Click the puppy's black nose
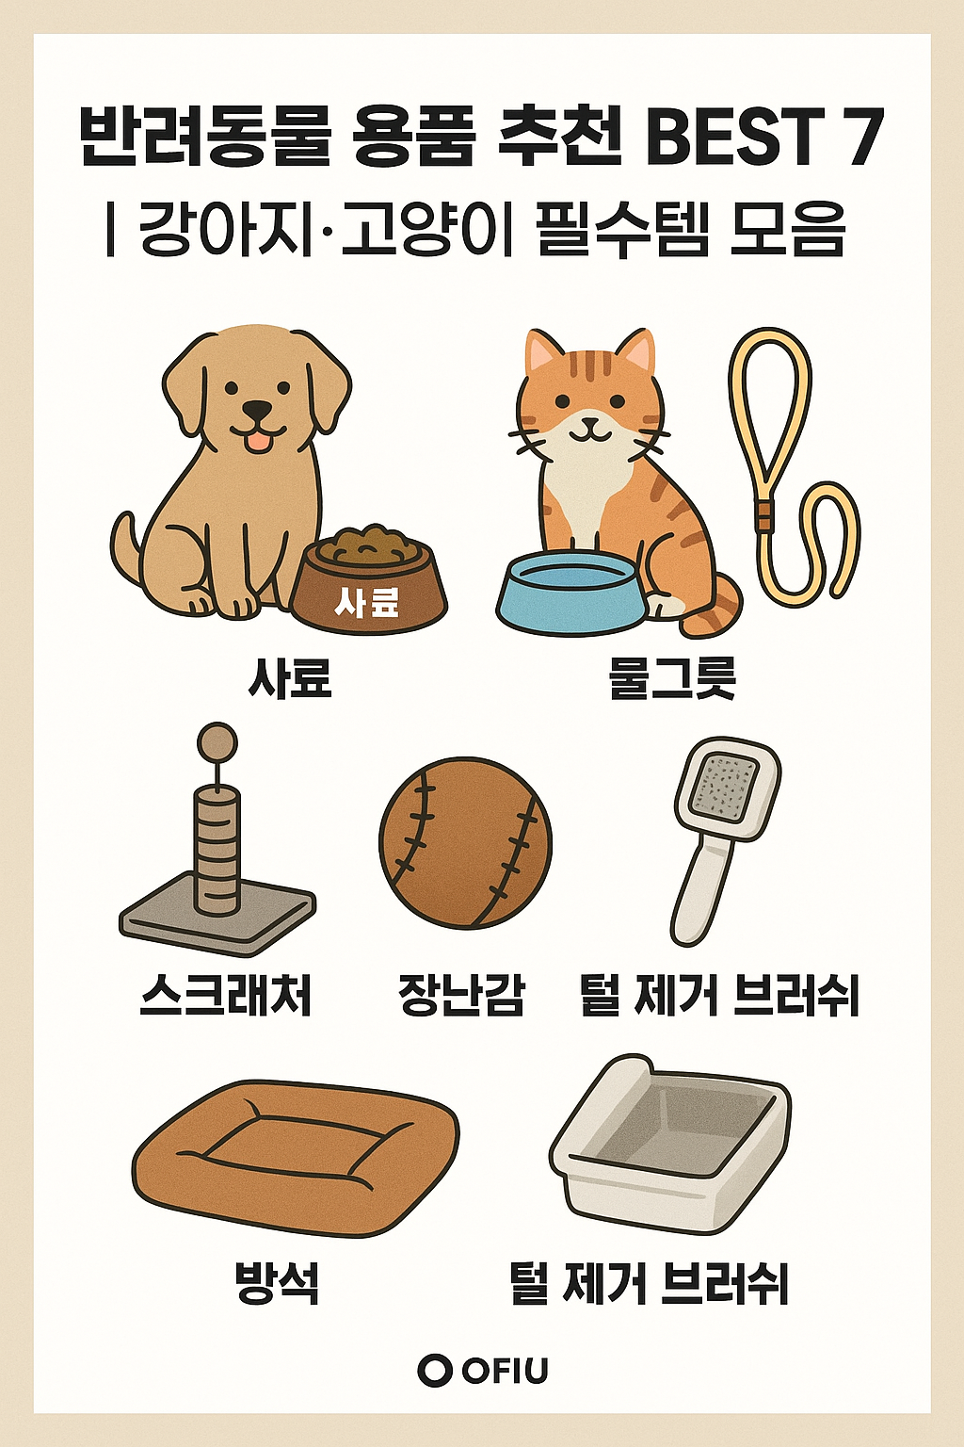(x=256, y=411)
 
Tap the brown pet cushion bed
(x=296, y=1157)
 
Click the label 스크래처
(x=226, y=996)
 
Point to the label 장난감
(x=461, y=996)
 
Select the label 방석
(x=277, y=1283)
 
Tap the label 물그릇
(x=671, y=677)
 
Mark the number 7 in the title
(x=860, y=138)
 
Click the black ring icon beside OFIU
(x=435, y=1370)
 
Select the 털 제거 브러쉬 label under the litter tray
(x=649, y=1283)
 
